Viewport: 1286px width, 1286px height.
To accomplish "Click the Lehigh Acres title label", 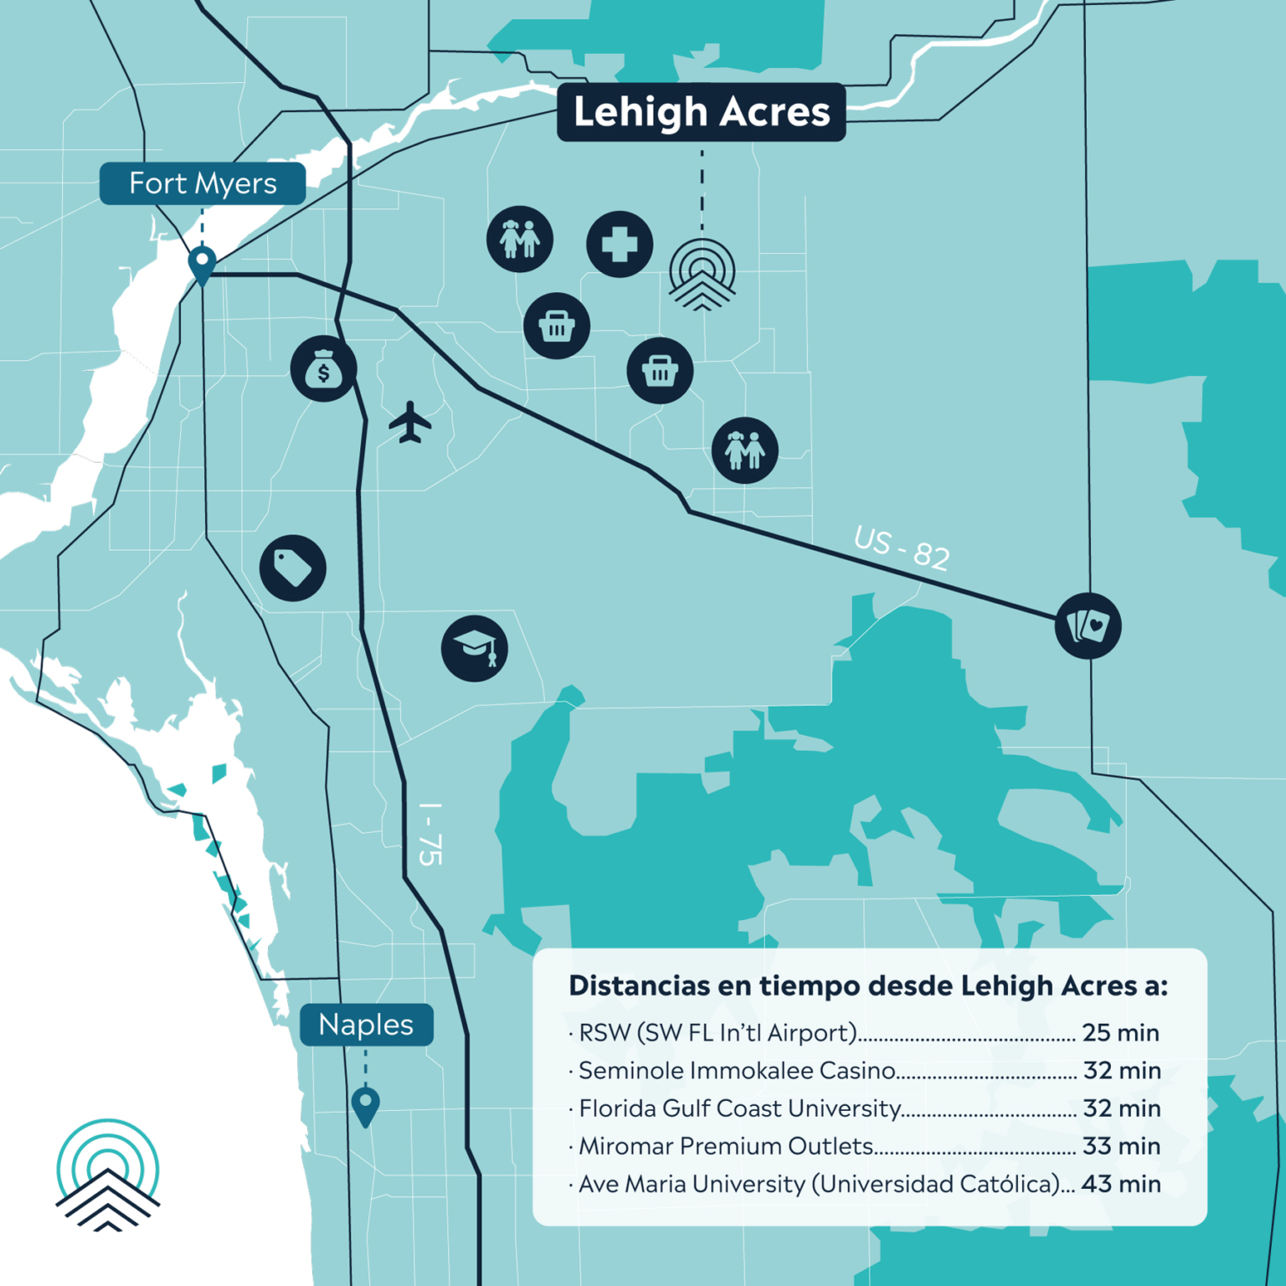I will click(x=702, y=112).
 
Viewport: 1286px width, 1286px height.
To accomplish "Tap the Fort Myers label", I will click(x=203, y=183).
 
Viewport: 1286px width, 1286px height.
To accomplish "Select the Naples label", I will click(x=366, y=1025).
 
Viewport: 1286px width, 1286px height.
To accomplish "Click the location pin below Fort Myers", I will click(x=202, y=265).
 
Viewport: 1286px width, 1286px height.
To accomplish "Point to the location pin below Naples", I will click(x=365, y=1105).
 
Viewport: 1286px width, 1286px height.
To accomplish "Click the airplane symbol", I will click(x=409, y=422).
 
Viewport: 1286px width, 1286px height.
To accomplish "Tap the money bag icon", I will click(x=323, y=369).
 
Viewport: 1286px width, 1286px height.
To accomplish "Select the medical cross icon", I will click(x=620, y=244).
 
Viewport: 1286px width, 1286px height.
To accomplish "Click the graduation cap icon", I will click(x=475, y=648).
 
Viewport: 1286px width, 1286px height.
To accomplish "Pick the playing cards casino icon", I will click(x=1088, y=625).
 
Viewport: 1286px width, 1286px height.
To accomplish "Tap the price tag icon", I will click(x=292, y=568).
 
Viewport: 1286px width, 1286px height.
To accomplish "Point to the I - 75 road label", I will click(x=430, y=833).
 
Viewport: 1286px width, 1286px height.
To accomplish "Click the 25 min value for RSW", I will click(x=1120, y=1032).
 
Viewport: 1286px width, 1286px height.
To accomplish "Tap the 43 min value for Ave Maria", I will click(x=1120, y=1184).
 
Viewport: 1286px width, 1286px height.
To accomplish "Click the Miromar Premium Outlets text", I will click(x=726, y=1146).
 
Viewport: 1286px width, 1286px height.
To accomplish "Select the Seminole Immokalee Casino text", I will click(x=737, y=1071).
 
